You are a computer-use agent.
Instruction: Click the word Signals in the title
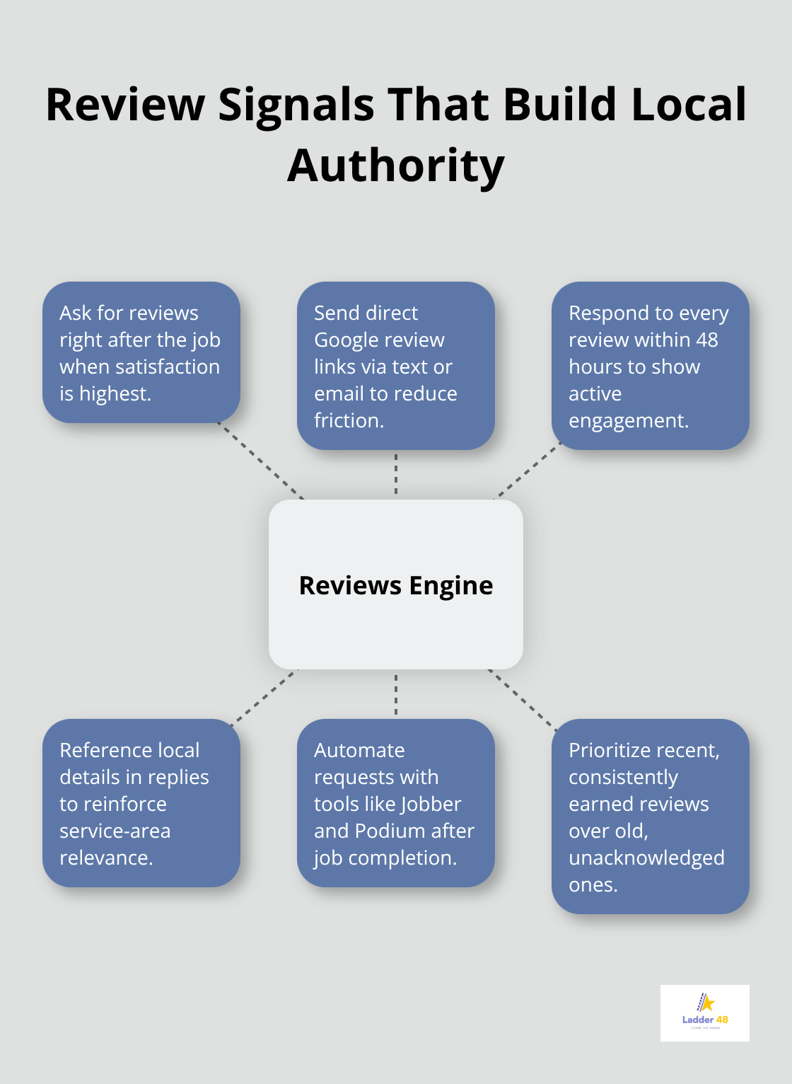coord(296,105)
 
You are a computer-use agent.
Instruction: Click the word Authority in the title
coord(396,166)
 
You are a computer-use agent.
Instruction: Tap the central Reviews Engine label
coord(396,585)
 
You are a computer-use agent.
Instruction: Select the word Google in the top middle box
coord(346,340)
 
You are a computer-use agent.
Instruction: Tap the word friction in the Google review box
coord(348,420)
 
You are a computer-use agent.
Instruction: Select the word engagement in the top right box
coord(628,420)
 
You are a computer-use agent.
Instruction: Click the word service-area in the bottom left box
coord(115,831)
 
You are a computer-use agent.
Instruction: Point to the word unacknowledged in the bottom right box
coord(646,858)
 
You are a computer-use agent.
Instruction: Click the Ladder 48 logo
coord(704,1013)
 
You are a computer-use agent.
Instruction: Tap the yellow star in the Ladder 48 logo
coord(707,1003)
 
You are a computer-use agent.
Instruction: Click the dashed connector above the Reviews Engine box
coord(396,474)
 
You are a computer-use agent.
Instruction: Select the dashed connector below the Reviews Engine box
coord(396,694)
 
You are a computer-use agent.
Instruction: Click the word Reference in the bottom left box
coord(105,750)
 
